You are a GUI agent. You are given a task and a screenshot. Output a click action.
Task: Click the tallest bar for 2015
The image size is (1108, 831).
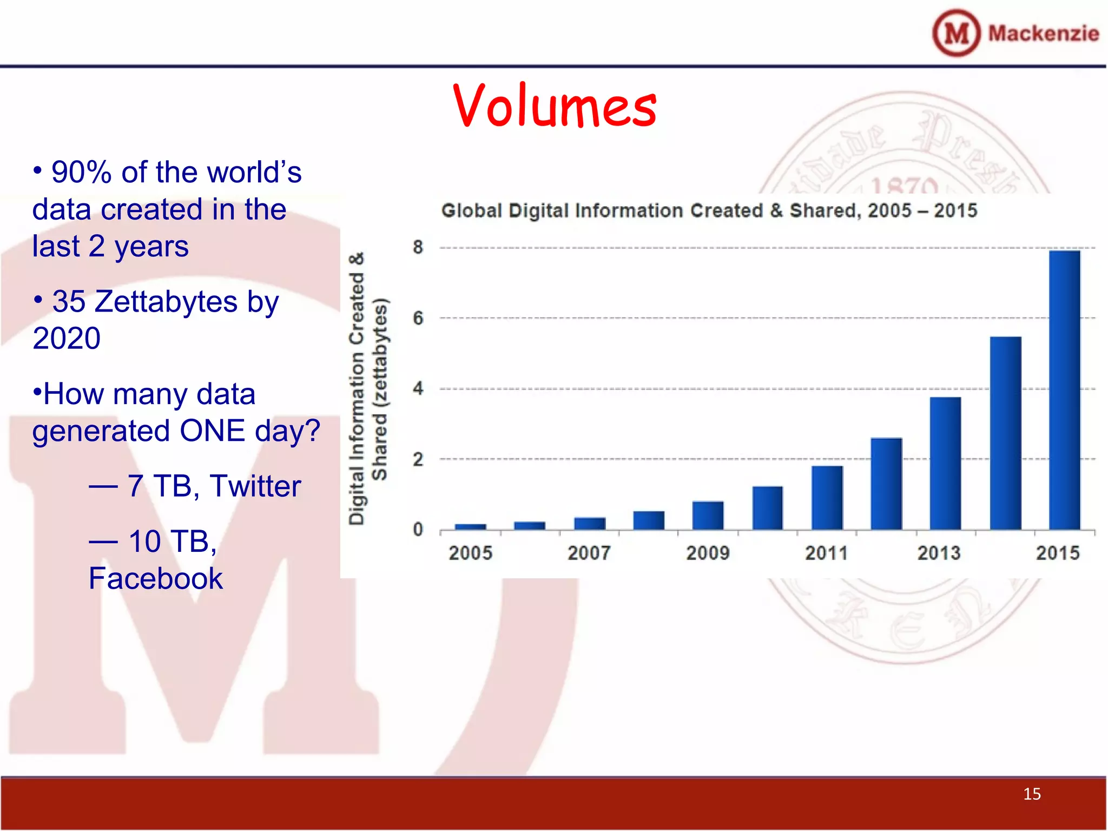(1064, 390)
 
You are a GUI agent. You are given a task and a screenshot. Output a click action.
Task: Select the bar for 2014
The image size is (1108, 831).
(1005, 433)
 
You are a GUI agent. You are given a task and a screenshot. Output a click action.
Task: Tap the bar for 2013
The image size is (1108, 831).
(945, 463)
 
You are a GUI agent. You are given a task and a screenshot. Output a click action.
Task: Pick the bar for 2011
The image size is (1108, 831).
(827, 497)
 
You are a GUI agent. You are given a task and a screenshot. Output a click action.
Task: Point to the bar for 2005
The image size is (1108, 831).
(470, 526)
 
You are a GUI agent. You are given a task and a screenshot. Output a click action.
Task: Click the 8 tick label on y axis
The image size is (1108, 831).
(418, 247)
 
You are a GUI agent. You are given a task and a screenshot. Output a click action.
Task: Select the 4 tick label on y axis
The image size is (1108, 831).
(418, 388)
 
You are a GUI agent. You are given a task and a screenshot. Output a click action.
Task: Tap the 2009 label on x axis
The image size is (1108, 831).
(708, 553)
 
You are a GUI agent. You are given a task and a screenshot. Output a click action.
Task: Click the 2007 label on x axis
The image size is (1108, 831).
(589, 553)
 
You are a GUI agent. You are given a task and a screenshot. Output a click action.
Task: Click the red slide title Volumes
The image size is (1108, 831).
(555, 105)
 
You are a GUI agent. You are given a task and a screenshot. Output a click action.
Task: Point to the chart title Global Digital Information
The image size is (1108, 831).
(709, 210)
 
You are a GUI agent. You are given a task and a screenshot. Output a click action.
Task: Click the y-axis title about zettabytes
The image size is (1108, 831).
(368, 388)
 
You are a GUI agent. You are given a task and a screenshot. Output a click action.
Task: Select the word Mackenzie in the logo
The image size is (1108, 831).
(1043, 34)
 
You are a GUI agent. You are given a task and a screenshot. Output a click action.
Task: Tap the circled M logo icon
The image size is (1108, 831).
(956, 33)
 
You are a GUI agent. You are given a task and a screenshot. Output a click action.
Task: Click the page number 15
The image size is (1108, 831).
(1032, 794)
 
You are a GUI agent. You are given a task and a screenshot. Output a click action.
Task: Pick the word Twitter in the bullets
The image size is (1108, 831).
(255, 486)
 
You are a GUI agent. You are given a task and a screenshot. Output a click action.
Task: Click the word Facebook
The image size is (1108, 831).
(155, 578)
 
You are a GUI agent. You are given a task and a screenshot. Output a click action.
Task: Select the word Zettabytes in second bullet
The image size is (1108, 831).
(166, 301)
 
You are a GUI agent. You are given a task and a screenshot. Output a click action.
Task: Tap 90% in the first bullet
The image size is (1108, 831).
(81, 172)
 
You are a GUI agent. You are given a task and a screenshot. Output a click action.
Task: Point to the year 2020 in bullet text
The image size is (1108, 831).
(67, 339)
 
